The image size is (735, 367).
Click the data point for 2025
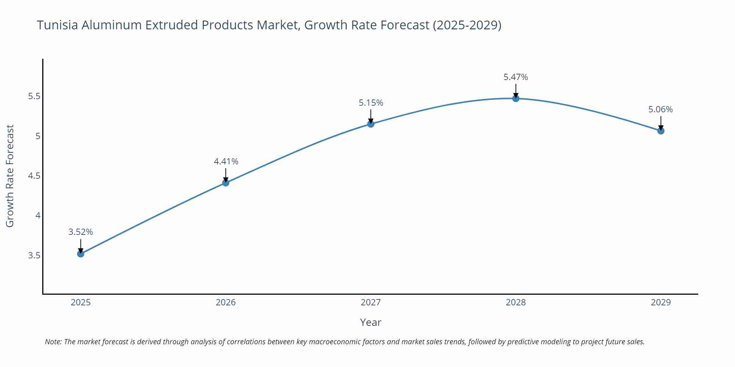click(x=81, y=254)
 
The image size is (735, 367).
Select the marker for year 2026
click(x=226, y=183)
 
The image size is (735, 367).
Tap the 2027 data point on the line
click(x=371, y=124)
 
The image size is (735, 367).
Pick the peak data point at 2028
click(x=516, y=98)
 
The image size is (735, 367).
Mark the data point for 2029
click(x=661, y=131)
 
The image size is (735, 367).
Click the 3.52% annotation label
click(x=81, y=232)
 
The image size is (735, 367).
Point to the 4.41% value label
click(x=226, y=161)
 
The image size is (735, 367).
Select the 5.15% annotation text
click(x=371, y=103)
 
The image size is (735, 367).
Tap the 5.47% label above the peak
click(x=516, y=77)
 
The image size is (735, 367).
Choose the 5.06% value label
click(x=660, y=109)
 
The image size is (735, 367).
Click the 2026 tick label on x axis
click(x=226, y=302)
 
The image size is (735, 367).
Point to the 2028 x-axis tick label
click(x=516, y=302)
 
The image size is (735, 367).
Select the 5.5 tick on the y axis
click(x=34, y=97)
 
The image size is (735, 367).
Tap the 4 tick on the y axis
click(x=38, y=215)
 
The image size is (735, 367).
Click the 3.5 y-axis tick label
click(x=34, y=255)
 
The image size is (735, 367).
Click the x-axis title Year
click(x=370, y=322)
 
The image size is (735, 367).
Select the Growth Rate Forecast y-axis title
click(x=10, y=176)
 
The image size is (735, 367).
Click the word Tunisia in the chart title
click(x=57, y=25)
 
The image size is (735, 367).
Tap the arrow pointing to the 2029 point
click(x=661, y=123)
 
